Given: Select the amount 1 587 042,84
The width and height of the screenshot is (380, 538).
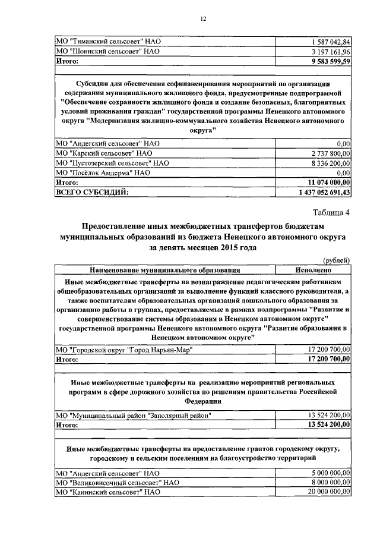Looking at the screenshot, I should pyautogui.click(x=331, y=42).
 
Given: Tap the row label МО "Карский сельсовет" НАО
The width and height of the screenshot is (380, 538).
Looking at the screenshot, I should pyautogui.click(x=104, y=153).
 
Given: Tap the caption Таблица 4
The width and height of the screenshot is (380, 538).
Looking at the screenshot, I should pyautogui.click(x=331, y=213).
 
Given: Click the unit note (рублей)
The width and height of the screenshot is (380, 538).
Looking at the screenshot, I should pyautogui.click(x=336, y=260).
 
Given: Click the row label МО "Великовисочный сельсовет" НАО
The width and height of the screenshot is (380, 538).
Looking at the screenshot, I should pyautogui.click(x=117, y=483).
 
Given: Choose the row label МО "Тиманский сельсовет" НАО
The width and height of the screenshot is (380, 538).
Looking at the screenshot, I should pyautogui.click(x=108, y=42).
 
